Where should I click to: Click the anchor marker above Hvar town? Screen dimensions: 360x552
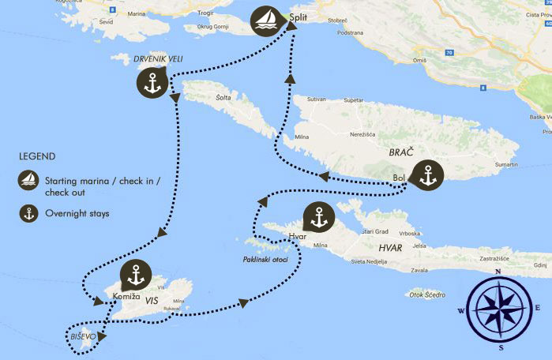click(319, 217)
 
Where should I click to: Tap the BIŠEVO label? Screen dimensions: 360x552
click(83, 336)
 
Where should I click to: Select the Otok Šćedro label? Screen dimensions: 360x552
click(426, 295)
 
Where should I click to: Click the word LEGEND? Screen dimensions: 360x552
click(38, 156)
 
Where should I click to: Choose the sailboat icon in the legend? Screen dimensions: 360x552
click(28, 180)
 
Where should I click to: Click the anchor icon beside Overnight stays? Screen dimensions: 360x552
click(28, 212)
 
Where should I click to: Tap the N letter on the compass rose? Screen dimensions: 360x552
click(498, 272)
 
